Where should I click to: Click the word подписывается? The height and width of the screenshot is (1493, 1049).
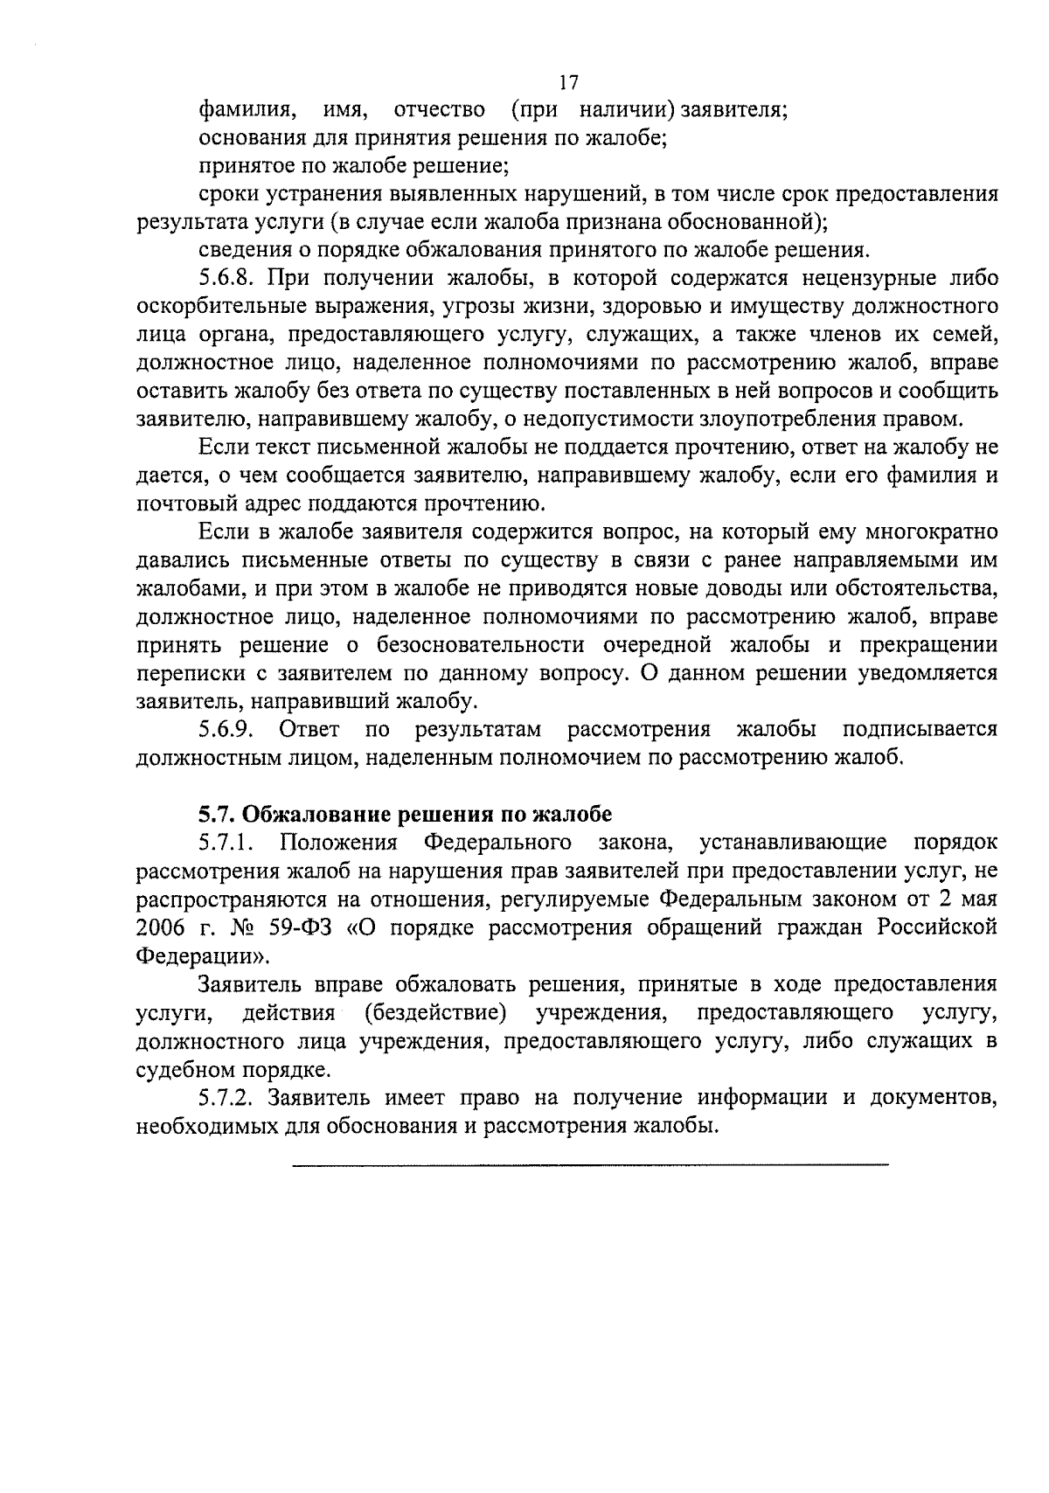point(920,729)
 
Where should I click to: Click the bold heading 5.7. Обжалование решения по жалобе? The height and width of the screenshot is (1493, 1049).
point(405,815)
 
